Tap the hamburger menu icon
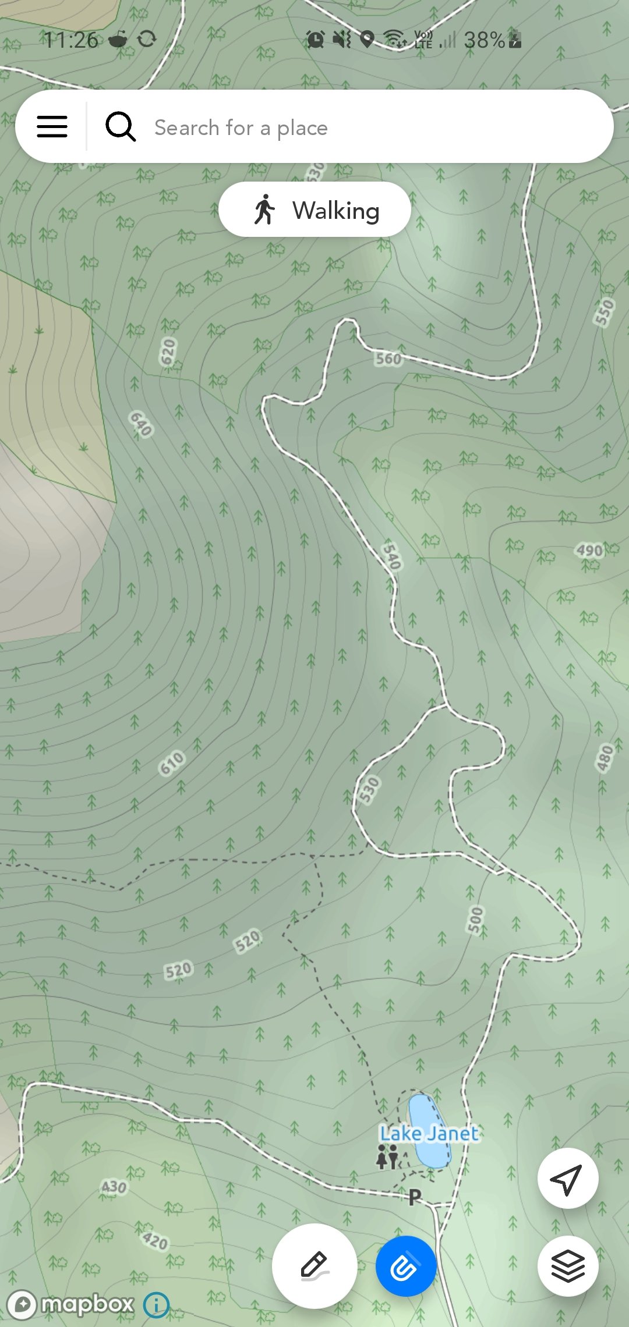pos(52,126)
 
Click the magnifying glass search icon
pos(121,126)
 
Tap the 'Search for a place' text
pos(241,127)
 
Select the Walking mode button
pos(314,210)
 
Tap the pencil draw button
pos(314,1266)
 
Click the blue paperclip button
pos(405,1266)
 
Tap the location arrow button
pos(567,1179)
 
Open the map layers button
pos(567,1266)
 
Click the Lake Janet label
pos(429,1133)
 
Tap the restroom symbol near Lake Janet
pos(387,1156)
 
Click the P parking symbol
pos(415,1197)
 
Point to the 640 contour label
pos(141,423)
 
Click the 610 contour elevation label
pos(172,763)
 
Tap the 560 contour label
pos(388,359)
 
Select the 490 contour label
pos(589,550)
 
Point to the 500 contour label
pos(476,920)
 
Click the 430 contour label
pos(114,1187)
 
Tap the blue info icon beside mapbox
pos(156,1305)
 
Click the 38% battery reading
pos(484,40)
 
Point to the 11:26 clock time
pos(70,40)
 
